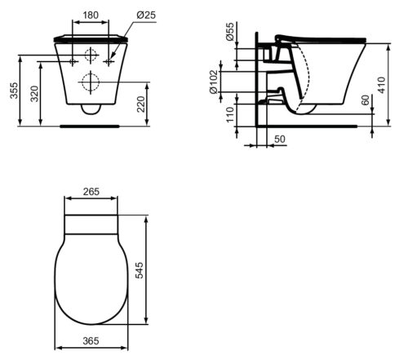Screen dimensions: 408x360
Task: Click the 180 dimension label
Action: click(91, 16)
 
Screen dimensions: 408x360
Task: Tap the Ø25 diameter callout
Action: click(146, 15)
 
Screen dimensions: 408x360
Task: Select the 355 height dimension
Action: click(14, 91)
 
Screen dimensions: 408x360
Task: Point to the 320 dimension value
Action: click(34, 94)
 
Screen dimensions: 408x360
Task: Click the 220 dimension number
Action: click(141, 104)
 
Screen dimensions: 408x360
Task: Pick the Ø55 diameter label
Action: click(230, 32)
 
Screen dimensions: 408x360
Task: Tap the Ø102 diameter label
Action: click(214, 82)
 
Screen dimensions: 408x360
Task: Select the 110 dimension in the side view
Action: click(230, 114)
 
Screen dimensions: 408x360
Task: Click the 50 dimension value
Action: click(280, 139)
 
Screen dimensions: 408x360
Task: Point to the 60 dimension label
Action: click(366, 100)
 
